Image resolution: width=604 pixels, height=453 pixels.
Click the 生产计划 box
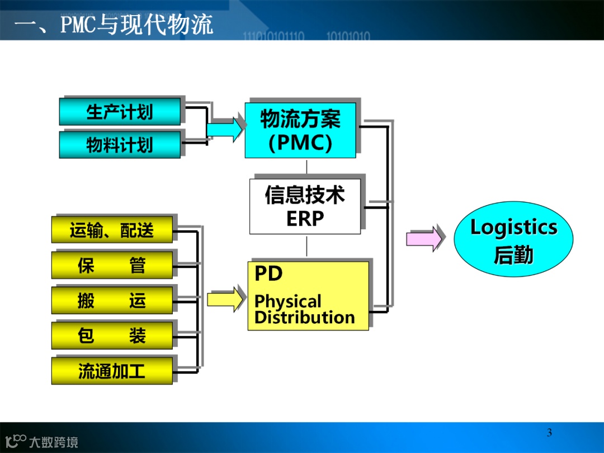click(120, 112)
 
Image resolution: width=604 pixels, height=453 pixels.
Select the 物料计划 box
click(120, 145)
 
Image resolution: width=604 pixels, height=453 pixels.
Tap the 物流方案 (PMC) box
click(300, 130)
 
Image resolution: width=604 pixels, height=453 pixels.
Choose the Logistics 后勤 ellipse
click(513, 239)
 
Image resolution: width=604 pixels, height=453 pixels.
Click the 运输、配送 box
click(112, 230)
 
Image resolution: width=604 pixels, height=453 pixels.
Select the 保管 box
click(112, 265)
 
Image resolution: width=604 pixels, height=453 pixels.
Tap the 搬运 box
click(112, 300)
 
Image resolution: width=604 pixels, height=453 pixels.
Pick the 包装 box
click(112, 336)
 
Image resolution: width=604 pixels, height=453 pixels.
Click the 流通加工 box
click(112, 371)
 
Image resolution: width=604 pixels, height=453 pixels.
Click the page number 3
click(549, 432)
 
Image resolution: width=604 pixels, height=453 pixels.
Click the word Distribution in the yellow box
click(305, 318)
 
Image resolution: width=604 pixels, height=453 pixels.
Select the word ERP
click(305, 219)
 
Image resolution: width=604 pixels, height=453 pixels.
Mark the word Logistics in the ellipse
click(513, 228)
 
